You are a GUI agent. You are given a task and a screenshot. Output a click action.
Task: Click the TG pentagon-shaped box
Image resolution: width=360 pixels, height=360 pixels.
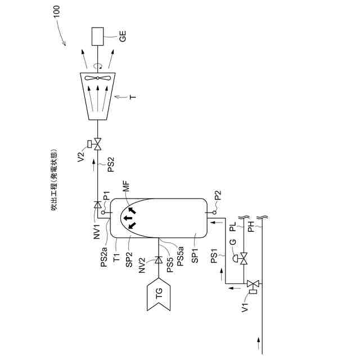pyautogui.click(x=159, y=296)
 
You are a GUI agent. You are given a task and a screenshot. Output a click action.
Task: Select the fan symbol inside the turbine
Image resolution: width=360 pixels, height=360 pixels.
pyautogui.click(x=98, y=78)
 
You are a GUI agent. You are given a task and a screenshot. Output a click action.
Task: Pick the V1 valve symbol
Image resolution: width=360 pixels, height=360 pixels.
pyautogui.click(x=256, y=283)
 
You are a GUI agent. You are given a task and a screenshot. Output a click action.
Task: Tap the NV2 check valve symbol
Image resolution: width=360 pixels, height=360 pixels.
pyautogui.click(x=159, y=260)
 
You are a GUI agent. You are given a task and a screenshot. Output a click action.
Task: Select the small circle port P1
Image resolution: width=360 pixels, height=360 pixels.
pyautogui.click(x=104, y=211)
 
